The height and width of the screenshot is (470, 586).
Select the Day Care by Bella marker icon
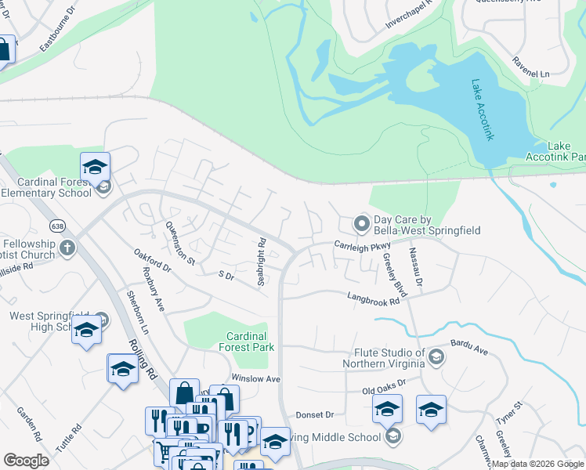tap(361, 224)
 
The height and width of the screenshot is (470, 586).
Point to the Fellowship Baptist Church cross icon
tap(68, 249)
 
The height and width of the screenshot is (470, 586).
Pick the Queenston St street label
tap(179, 243)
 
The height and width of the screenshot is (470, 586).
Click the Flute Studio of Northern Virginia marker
tap(436, 358)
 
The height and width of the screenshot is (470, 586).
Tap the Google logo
tap(27, 461)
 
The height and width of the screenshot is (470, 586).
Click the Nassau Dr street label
tap(415, 267)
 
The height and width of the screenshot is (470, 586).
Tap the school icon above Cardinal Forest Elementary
tap(95, 167)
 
